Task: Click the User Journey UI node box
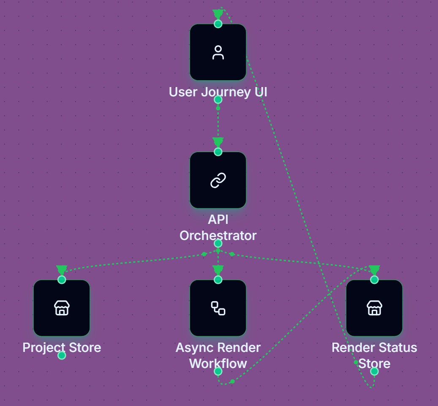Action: [218, 52]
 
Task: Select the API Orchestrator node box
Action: [218, 180]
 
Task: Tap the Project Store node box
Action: [62, 308]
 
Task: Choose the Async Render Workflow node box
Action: [218, 308]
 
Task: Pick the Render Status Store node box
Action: [374, 308]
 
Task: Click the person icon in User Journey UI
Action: [218, 53]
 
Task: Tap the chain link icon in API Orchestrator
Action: [218, 180]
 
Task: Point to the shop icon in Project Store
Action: [62, 308]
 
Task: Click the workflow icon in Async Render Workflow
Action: [218, 308]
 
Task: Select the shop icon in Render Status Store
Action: [374, 308]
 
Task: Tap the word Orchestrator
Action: [218, 235]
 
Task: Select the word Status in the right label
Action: [397, 348]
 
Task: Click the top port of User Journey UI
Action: [218, 24]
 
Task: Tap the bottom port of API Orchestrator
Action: [218, 243]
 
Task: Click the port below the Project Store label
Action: [62, 355]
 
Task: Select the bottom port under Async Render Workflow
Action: [218, 371]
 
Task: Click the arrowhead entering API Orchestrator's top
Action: [218, 142]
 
